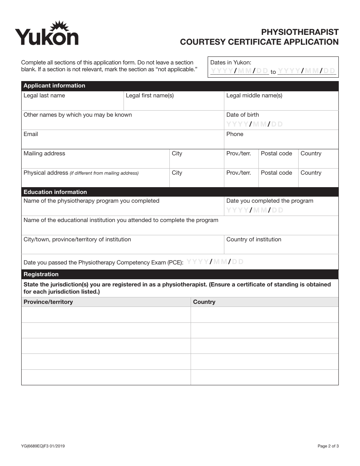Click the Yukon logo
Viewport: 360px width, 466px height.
coord(47,34)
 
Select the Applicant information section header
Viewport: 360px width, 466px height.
coord(54,86)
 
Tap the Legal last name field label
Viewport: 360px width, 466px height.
coord(44,95)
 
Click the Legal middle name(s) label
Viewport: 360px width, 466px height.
coord(254,95)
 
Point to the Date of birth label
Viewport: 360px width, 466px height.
coord(243,115)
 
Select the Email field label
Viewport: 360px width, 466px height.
coord(31,134)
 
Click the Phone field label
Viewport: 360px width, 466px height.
coord(235,134)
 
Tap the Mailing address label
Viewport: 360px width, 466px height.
coord(44,153)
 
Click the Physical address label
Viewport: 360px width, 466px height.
coord(45,173)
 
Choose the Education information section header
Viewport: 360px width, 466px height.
coord(55,192)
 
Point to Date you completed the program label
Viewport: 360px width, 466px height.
coord(269,201)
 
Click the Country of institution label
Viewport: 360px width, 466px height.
coord(254,239)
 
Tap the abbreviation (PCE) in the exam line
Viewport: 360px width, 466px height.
coord(176,262)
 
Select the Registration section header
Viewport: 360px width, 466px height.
coord(41,274)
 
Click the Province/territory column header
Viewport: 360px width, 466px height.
coord(48,302)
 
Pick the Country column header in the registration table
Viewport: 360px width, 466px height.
coord(204,302)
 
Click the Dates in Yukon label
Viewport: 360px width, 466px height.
coord(230,63)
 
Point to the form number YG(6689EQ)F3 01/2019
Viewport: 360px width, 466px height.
coord(43,446)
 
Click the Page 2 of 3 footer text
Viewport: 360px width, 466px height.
coord(328,446)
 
